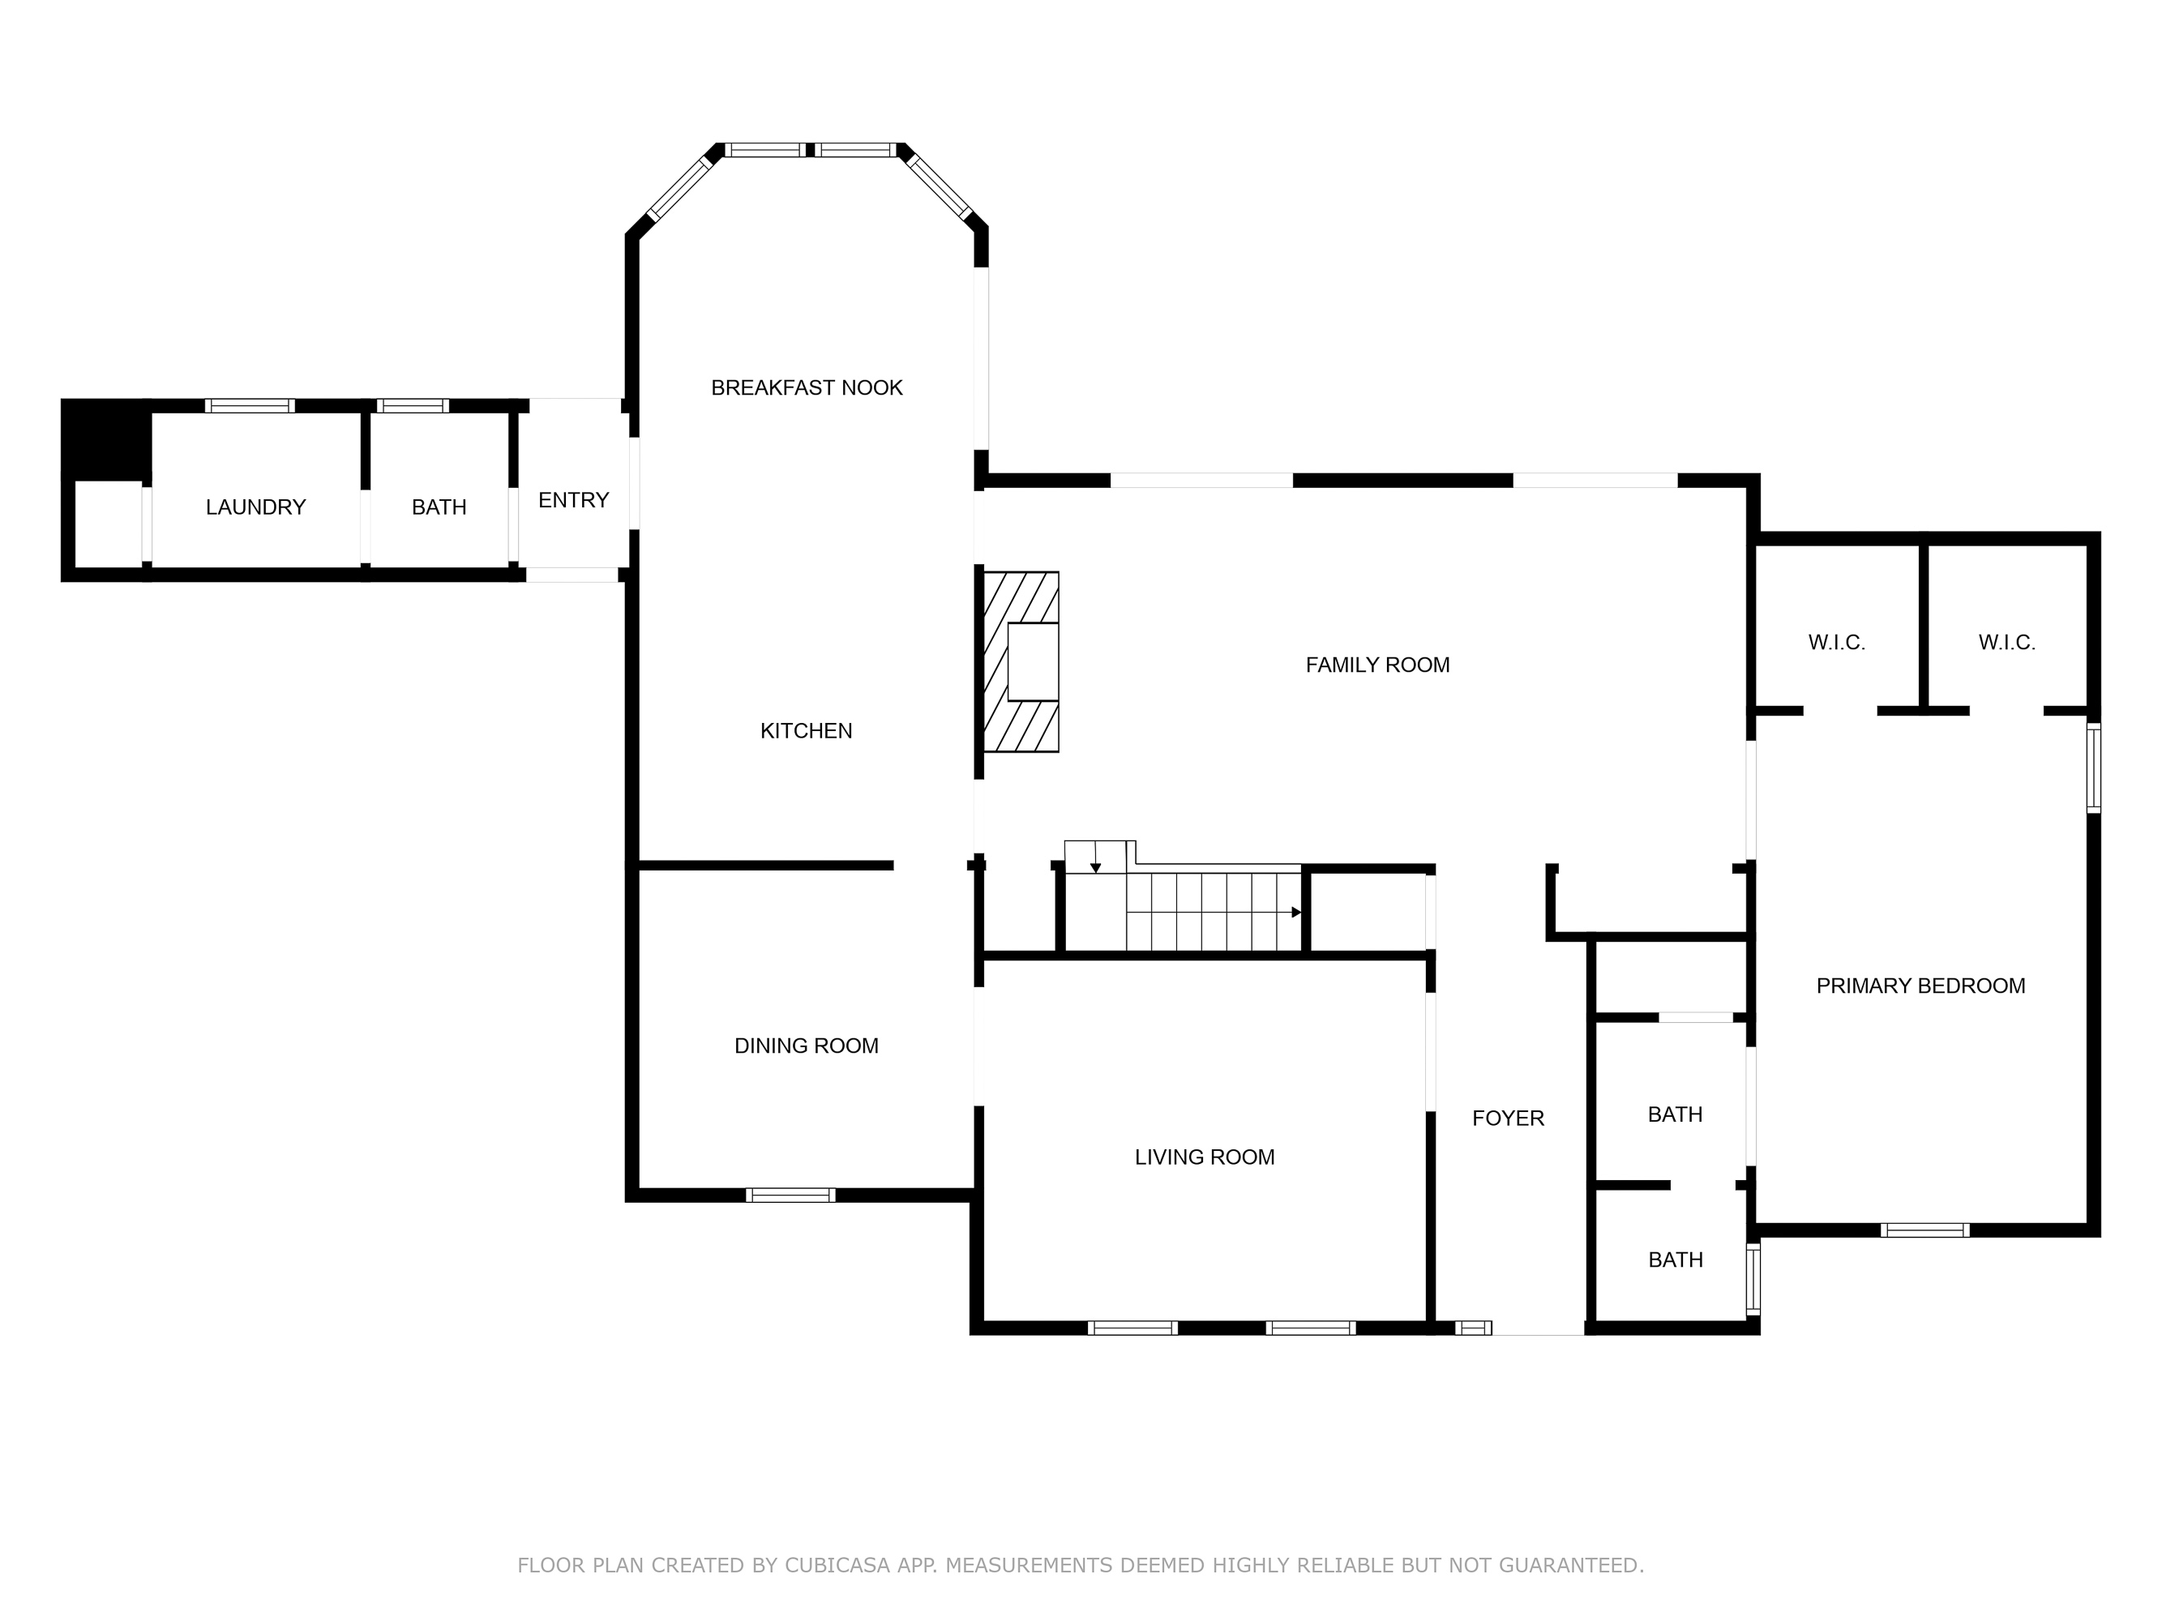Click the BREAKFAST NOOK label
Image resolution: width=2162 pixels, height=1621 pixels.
tap(807, 388)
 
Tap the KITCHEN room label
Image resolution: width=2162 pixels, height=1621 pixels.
tap(807, 731)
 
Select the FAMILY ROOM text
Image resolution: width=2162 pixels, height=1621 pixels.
tap(1377, 665)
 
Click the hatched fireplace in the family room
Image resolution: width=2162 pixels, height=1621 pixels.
tap(1021, 661)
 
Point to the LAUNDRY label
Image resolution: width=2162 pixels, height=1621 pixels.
tap(255, 507)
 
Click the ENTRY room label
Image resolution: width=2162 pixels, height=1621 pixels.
tap(574, 500)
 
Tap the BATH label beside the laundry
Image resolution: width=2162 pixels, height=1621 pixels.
tap(439, 507)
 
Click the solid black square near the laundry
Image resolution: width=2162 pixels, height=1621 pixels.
tap(105, 438)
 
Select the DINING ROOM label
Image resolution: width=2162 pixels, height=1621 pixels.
tap(807, 1046)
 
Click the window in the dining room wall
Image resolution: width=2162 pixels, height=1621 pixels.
tap(790, 1195)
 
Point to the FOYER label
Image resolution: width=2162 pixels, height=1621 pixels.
tap(1508, 1118)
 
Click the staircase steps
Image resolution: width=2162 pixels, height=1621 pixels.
tap(1212, 912)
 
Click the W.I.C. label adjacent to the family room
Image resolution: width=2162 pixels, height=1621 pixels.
tap(1837, 643)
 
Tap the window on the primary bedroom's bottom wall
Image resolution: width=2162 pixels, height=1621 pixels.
tap(1924, 1230)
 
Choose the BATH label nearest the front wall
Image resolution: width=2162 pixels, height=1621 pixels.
tap(1676, 1260)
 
